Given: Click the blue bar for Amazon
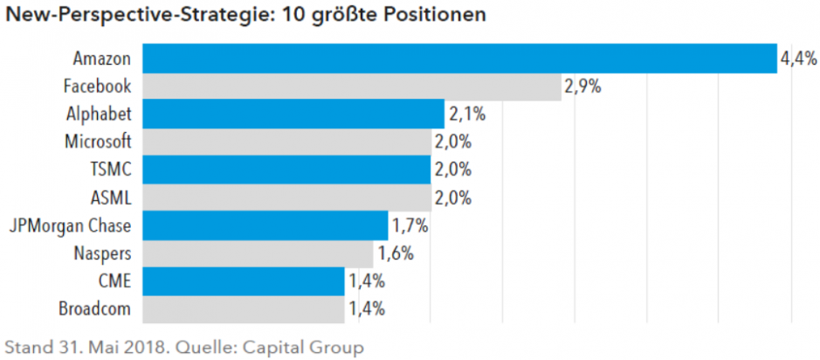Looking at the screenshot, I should tap(458, 59).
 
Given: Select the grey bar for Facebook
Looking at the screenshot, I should tap(351, 87).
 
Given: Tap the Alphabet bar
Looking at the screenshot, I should tap(293, 114).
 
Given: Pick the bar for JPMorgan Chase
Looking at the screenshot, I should tap(265, 225).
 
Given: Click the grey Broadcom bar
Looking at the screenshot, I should tap(243, 308).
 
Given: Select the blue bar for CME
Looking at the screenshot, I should tap(243, 281).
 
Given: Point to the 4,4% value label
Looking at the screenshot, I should tap(798, 59).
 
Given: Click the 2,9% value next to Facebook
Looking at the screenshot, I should tap(582, 87).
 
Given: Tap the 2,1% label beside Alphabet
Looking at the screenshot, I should tap(466, 114).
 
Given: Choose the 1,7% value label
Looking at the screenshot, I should tap(410, 226).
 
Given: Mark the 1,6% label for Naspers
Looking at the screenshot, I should tap(395, 254).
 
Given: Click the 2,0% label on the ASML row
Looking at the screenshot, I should tap(452, 198).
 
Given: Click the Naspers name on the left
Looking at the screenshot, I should tap(103, 253).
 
